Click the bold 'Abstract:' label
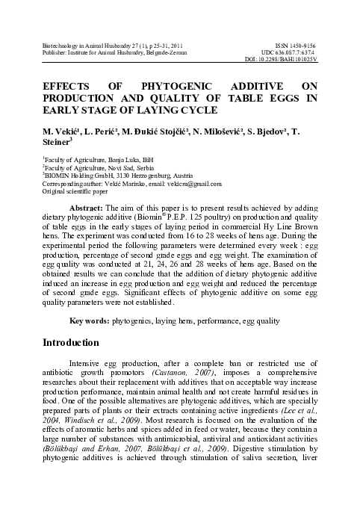pos(85,205)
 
